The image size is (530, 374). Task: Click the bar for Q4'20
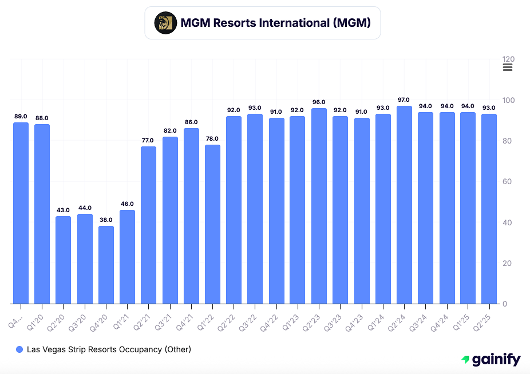point(106,265)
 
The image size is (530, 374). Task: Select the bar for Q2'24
point(404,205)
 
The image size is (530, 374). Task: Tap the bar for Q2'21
point(148,225)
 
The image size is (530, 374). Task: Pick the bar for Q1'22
point(212,224)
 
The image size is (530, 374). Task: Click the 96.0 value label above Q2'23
point(319,102)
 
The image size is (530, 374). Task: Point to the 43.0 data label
point(64,210)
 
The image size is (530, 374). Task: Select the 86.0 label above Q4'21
point(191,122)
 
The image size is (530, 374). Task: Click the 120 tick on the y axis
point(508,59)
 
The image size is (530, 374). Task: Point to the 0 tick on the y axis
point(505,304)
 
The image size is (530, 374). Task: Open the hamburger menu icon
point(508,67)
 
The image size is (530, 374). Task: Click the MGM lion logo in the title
point(165,23)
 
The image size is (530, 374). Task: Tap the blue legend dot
point(19,349)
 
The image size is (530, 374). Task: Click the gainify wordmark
point(497,360)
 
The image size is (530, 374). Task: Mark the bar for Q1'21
point(127,257)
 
